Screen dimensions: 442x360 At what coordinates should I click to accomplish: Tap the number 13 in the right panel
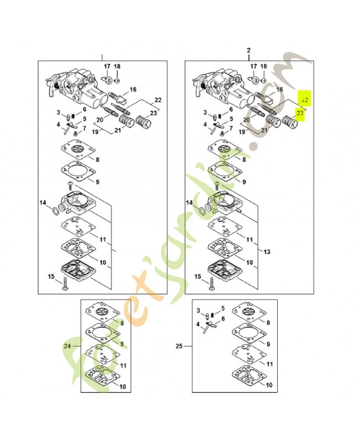pyautogui.click(x=267, y=251)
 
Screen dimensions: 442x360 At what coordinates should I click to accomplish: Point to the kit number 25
pyautogui.click(x=179, y=346)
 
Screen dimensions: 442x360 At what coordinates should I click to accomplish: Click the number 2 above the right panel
pyautogui.click(x=248, y=51)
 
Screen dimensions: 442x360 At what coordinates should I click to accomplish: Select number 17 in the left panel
pyautogui.click(x=107, y=66)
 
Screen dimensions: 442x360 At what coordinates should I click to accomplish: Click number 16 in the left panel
pyautogui.click(x=133, y=89)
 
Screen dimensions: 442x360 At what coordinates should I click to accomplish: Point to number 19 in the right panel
pyautogui.click(x=242, y=133)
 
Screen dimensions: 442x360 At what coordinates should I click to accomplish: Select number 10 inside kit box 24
pyautogui.click(x=122, y=386)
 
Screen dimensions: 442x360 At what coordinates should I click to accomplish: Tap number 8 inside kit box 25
pyautogui.click(x=268, y=322)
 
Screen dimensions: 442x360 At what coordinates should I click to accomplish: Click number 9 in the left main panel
pyautogui.click(x=97, y=181)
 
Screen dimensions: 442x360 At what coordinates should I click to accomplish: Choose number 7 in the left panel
pyautogui.click(x=84, y=129)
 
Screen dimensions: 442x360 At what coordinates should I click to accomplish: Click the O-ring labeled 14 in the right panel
pyautogui.click(x=204, y=211)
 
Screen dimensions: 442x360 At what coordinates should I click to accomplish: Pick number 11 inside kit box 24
pyautogui.click(x=123, y=365)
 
